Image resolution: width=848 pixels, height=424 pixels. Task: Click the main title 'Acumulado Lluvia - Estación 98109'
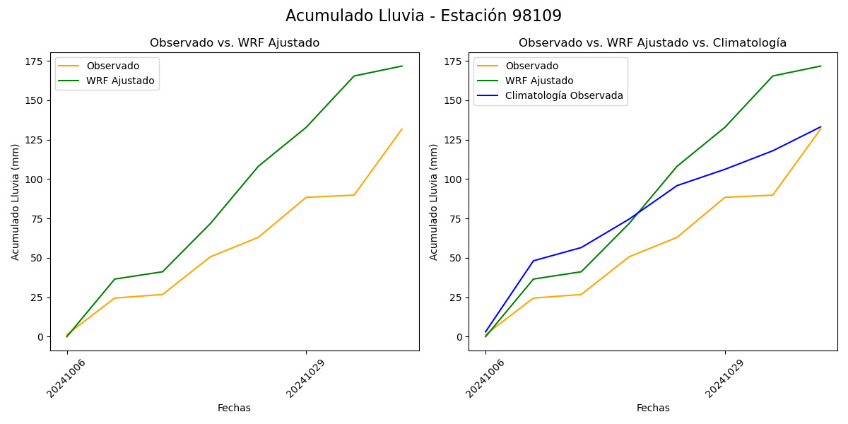click(x=423, y=16)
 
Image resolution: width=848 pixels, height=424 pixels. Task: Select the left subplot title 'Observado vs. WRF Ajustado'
click(x=235, y=43)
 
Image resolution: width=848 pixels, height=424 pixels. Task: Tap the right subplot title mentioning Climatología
click(x=652, y=43)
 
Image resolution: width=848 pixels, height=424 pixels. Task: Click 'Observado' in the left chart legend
click(x=113, y=66)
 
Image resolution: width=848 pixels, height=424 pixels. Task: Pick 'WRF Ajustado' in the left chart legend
click(x=120, y=81)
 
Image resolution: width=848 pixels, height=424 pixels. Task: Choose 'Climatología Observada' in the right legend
click(x=564, y=96)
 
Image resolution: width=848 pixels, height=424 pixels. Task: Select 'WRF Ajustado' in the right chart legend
click(x=539, y=81)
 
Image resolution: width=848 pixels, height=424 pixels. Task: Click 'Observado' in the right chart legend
click(x=531, y=66)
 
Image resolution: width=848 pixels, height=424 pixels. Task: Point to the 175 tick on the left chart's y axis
click(x=34, y=61)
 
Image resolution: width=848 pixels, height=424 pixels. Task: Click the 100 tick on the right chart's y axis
click(x=452, y=179)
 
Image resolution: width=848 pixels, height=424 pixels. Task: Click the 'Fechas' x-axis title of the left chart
click(x=234, y=408)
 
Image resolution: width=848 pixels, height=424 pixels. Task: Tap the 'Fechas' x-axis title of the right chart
click(x=653, y=408)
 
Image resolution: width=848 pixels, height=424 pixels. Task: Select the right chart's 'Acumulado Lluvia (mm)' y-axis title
click(x=434, y=201)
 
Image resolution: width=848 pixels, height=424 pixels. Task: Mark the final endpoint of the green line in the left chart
click(x=402, y=66)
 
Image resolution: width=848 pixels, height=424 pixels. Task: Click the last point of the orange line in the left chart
click(x=402, y=129)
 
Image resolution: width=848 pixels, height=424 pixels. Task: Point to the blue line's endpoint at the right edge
click(x=820, y=127)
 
